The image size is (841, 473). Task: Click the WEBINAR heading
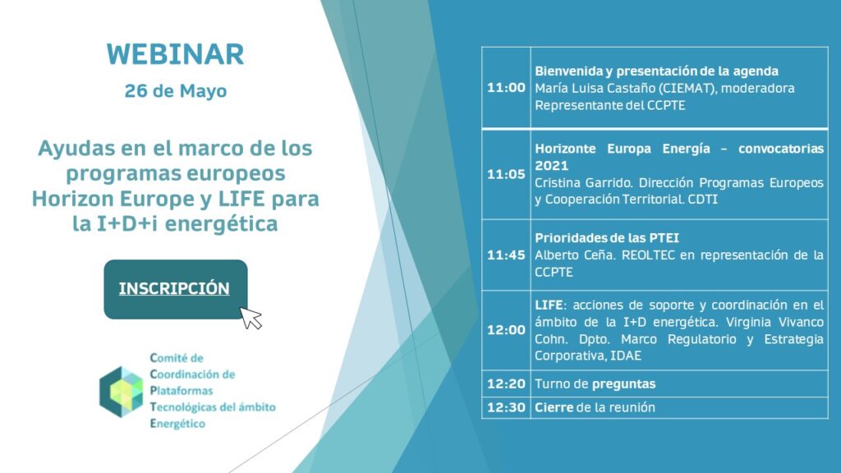pyautogui.click(x=176, y=54)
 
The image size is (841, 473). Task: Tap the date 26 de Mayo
pyautogui.click(x=176, y=90)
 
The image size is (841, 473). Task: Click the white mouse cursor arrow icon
pyautogui.click(x=250, y=318)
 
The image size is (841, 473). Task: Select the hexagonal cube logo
pyautogui.click(x=122, y=392)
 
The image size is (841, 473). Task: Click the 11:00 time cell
pyautogui.click(x=506, y=87)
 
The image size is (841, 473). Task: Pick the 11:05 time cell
pyautogui.click(x=506, y=174)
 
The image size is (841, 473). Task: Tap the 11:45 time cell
pyautogui.click(x=506, y=255)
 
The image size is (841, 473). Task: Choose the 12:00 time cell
pyautogui.click(x=506, y=330)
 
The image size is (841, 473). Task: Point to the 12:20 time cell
pyautogui.click(x=506, y=383)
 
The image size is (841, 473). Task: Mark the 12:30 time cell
pyautogui.click(x=506, y=407)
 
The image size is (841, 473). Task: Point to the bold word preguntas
pyautogui.click(x=624, y=384)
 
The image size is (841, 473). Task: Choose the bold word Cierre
pyautogui.click(x=554, y=407)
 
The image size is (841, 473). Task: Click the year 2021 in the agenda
pyautogui.click(x=551, y=165)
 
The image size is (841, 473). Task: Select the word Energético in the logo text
pyautogui.click(x=177, y=424)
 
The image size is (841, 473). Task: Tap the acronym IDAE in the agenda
pyautogui.click(x=625, y=356)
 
